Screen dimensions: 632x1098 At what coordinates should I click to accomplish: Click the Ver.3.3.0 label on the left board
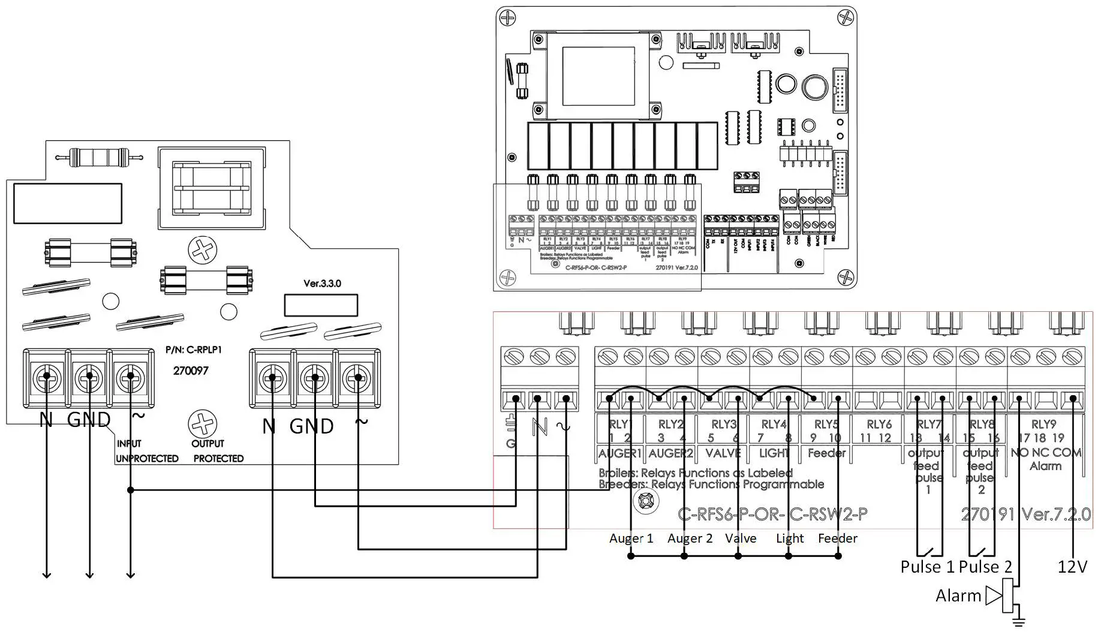[x=322, y=283]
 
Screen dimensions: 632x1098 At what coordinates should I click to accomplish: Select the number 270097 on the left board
[x=191, y=371]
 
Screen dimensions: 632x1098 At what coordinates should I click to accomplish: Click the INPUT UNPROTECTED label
[x=146, y=451]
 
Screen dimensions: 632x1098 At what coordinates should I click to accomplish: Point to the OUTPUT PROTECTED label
[x=218, y=451]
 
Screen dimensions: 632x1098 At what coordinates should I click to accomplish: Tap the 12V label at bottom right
[x=1072, y=567]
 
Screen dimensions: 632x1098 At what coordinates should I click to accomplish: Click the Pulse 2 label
[x=985, y=567]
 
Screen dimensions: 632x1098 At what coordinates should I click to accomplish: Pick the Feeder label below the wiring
[x=837, y=538]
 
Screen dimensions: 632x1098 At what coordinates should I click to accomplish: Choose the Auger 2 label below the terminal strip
[x=690, y=538]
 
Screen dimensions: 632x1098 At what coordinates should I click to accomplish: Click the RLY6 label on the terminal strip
[x=879, y=425]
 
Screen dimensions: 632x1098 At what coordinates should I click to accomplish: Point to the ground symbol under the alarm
[x=1018, y=621]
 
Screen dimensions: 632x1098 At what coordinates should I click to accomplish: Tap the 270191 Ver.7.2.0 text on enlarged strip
[x=1025, y=514]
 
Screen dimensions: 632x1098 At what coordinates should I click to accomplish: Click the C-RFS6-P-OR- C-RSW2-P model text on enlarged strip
[x=772, y=514]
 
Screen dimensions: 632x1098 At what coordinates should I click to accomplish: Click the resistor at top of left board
[x=99, y=158]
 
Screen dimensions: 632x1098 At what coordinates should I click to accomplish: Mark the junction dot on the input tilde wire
[x=131, y=490]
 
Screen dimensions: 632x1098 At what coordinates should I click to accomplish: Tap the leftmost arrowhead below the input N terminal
[x=46, y=574]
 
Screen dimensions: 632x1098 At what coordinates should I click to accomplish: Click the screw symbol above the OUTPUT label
[x=203, y=423]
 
